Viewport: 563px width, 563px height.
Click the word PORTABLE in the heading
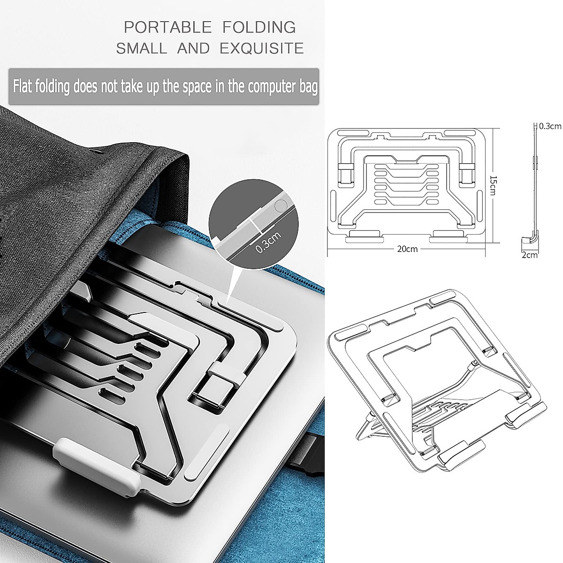167,27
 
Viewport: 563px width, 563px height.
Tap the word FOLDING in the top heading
259,27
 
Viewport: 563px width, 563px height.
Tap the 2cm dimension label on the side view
530,255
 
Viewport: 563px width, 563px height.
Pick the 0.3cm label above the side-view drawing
550,126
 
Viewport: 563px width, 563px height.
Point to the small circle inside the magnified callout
280,205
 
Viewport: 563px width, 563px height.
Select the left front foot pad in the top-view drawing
363,236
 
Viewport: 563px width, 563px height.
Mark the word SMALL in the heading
141,48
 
